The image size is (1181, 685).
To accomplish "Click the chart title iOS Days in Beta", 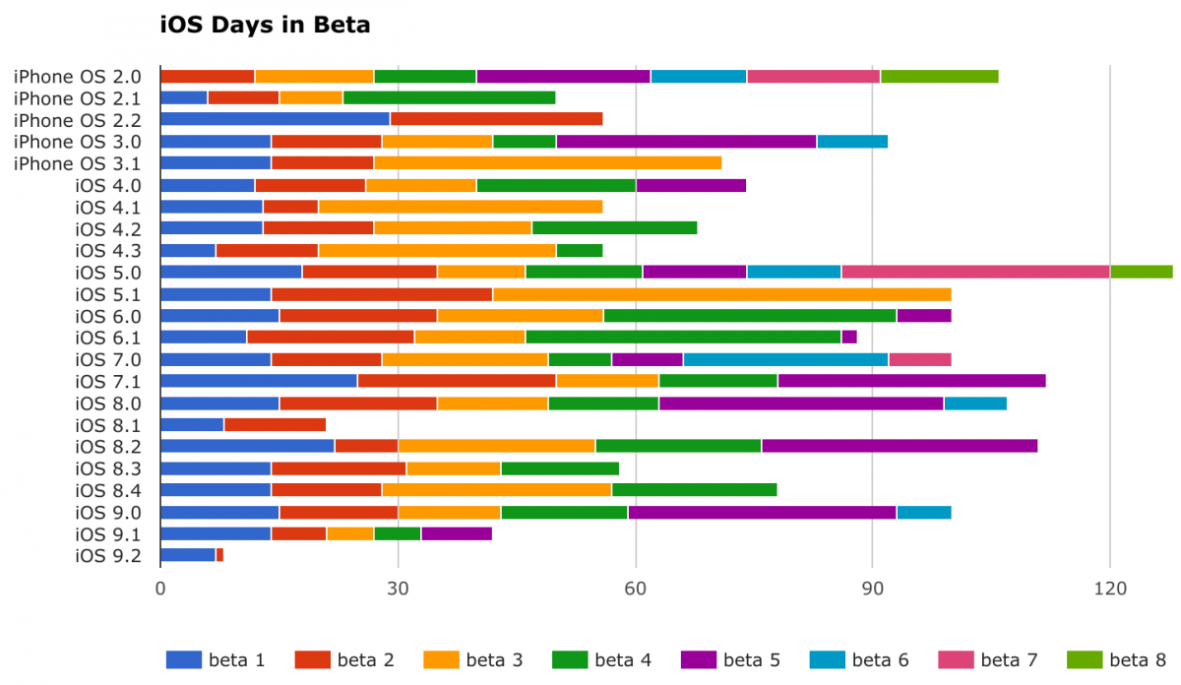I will tap(265, 26).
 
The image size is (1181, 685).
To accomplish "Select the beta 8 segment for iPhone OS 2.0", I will tap(939, 77).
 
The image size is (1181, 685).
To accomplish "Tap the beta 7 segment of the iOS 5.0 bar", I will tap(975, 272).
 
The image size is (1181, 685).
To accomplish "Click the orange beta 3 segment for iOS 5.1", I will tap(721, 293).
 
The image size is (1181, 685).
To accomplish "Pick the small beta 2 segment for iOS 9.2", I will tap(219, 555).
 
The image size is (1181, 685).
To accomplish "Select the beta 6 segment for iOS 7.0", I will tap(785, 359).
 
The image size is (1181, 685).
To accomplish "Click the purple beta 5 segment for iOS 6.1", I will tap(849, 338).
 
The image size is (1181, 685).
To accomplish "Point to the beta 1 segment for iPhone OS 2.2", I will tap(275, 119).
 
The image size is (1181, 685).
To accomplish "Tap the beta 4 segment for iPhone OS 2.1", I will tap(449, 97).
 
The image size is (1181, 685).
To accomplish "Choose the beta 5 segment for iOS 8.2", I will tap(900, 446).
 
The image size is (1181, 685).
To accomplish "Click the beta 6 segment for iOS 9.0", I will tap(923, 512).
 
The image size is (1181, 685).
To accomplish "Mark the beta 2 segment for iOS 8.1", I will tap(275, 425).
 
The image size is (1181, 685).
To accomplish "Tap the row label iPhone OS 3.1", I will tap(78, 163).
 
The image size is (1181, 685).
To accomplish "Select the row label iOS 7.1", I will tap(108, 381).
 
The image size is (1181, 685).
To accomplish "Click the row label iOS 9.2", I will tap(108, 555).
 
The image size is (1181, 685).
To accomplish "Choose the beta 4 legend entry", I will tap(601, 659).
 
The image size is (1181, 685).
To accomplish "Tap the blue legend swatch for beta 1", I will tap(184, 659).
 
